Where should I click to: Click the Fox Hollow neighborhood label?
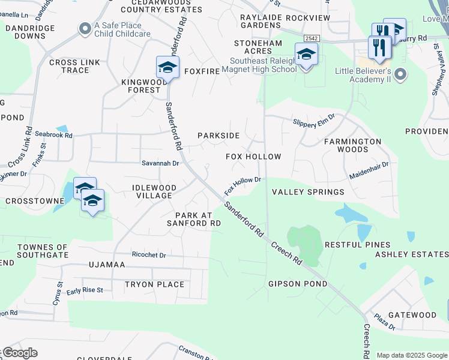[253, 157]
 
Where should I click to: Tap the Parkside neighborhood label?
[219, 136]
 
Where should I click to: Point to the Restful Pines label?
[357, 245]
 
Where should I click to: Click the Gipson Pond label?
[298, 284]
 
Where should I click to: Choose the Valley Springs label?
[308, 192]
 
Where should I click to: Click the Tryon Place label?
[154, 284]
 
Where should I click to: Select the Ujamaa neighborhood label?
[106, 265]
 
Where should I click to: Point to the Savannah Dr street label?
[160, 163]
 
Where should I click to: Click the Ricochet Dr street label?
[149, 255]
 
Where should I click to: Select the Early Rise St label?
[85, 290]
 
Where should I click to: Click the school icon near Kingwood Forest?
[167, 67]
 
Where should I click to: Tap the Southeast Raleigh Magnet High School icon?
[306, 55]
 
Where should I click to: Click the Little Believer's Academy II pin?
[401, 75]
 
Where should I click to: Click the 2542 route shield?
[310, 38]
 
